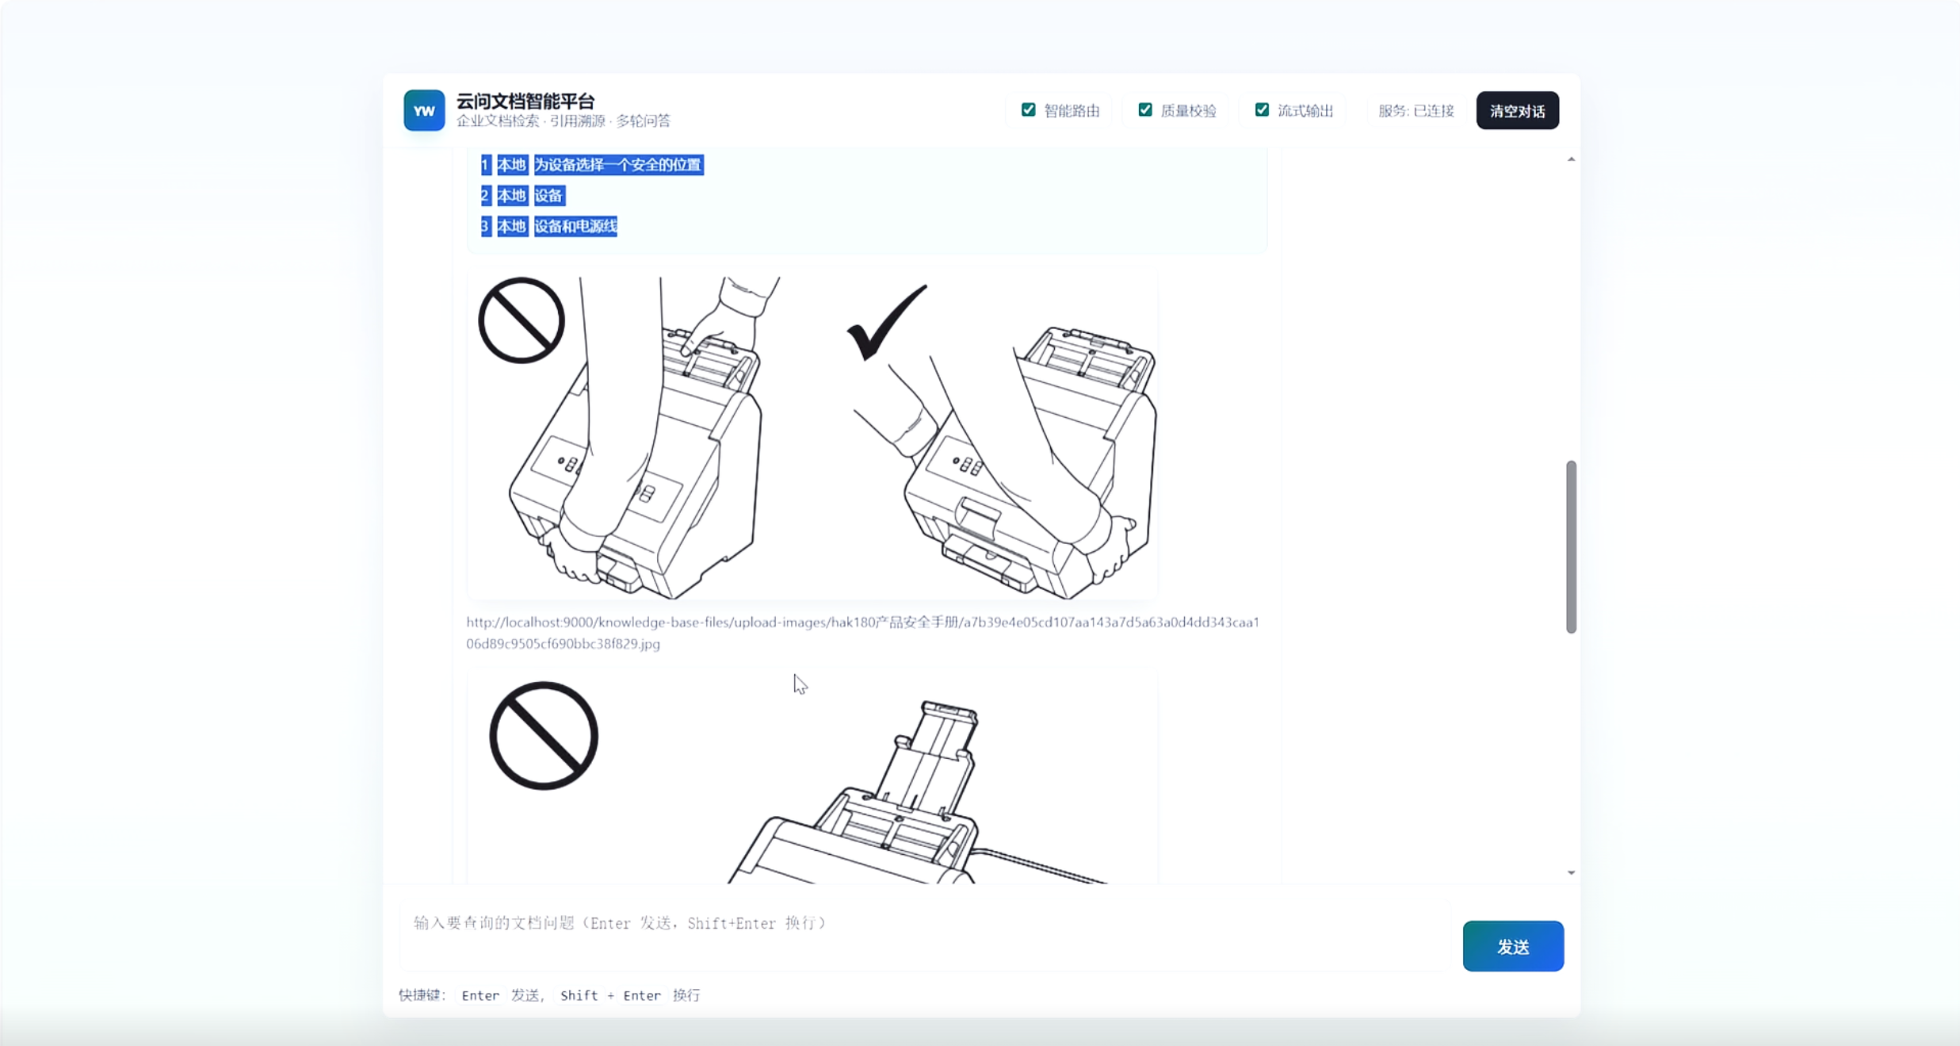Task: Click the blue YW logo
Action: [424, 110]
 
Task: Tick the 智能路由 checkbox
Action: [1028, 109]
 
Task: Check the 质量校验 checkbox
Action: [1145, 109]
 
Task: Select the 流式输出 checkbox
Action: [1262, 109]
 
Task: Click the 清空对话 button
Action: [1517, 110]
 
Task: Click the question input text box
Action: [925, 935]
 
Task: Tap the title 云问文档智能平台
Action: [525, 101]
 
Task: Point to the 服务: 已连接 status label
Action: [1416, 110]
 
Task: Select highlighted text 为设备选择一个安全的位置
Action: [618, 165]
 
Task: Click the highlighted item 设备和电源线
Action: [575, 226]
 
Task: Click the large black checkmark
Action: [885, 323]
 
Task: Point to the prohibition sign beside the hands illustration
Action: [522, 320]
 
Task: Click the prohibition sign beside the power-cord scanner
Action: [544, 736]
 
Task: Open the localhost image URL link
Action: [862, 633]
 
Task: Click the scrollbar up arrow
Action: [1571, 159]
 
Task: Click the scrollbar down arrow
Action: [1571, 872]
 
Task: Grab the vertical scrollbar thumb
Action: [1571, 547]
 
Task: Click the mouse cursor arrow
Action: [800, 684]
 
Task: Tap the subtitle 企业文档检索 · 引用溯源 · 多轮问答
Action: [564, 121]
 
